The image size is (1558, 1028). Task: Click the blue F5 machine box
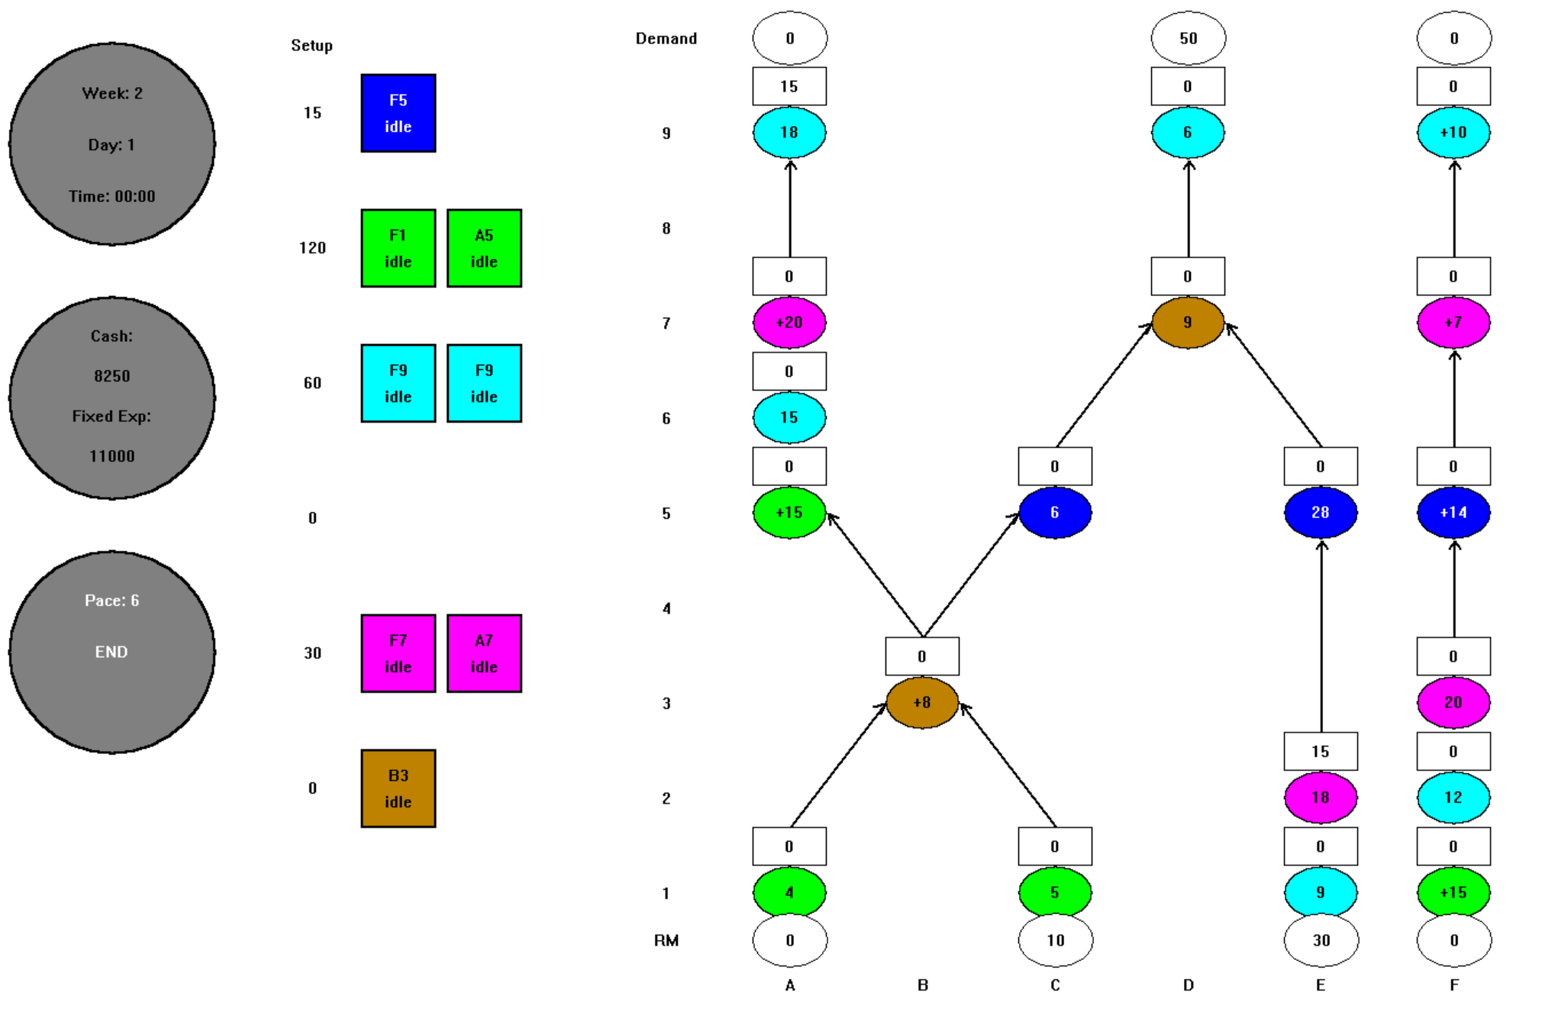tap(398, 113)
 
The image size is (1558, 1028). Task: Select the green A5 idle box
tap(484, 248)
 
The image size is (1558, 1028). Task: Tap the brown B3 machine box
tap(398, 788)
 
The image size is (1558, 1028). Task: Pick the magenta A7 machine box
tap(484, 653)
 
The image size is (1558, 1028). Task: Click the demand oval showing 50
tap(1188, 38)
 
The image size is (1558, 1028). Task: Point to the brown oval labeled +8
tap(922, 702)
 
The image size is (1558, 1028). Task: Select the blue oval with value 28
tap(1321, 512)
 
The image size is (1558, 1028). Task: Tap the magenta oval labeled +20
tap(789, 322)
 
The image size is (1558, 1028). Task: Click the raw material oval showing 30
tap(1321, 940)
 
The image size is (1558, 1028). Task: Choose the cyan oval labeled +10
tap(1453, 132)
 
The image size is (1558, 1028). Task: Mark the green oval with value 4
tap(789, 892)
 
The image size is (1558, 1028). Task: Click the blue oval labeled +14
tap(1453, 512)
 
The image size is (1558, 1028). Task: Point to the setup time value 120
tap(312, 248)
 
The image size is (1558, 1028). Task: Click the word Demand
tap(666, 39)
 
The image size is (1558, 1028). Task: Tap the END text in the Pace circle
tap(111, 652)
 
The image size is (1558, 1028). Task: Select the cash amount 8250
tap(112, 376)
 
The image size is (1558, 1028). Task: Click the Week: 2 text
tap(112, 93)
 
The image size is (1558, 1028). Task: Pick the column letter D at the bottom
tap(1188, 985)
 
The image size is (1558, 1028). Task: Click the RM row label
tap(666, 940)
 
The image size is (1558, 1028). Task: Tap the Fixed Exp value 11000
tap(112, 456)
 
